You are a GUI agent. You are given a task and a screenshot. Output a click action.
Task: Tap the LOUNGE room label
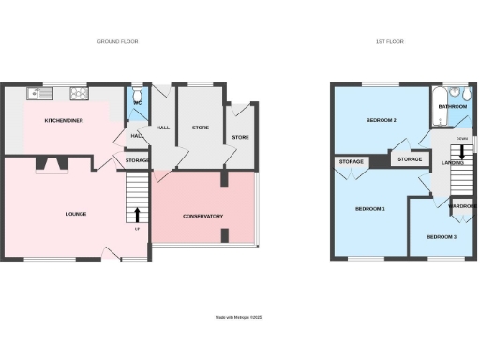[x=76, y=214]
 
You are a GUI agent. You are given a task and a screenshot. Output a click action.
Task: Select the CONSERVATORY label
[x=202, y=216]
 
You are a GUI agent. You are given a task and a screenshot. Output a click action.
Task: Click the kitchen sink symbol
[x=37, y=93]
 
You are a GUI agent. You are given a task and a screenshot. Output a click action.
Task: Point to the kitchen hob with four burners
[x=76, y=93]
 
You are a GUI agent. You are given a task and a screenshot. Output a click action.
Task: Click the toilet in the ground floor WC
[x=138, y=95]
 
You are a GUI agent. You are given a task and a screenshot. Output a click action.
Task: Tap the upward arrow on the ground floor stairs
[x=139, y=214]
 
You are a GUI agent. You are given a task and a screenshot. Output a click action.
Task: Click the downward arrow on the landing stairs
[x=461, y=154]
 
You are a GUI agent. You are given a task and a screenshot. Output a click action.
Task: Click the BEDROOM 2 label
[x=381, y=120]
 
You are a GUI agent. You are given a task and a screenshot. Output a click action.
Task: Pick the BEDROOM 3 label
[x=442, y=237]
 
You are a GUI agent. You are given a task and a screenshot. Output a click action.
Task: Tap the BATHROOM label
[x=453, y=106]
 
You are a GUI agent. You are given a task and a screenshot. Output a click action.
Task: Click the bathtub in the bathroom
[x=441, y=97]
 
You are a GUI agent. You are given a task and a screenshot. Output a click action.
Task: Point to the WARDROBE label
[x=462, y=205]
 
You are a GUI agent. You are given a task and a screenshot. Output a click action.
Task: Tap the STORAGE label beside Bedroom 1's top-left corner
[x=352, y=162]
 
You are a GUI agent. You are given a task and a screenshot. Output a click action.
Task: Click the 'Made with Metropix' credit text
[x=240, y=318]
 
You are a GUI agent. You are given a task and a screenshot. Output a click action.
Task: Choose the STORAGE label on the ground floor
[x=137, y=161]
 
